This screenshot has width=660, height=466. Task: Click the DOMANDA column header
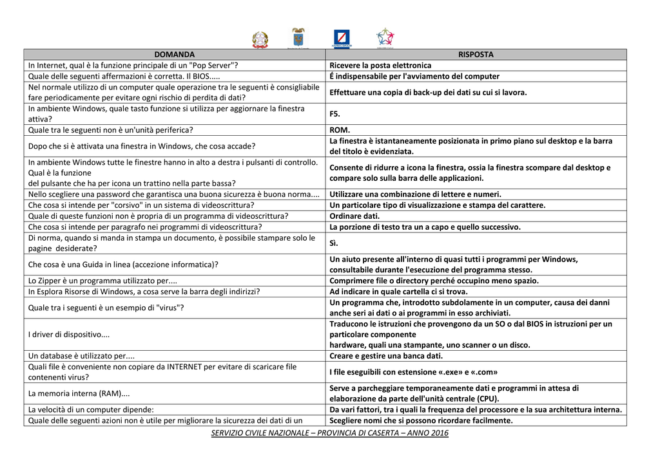(x=174, y=55)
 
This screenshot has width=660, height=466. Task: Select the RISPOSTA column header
(x=476, y=55)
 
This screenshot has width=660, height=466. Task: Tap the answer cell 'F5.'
(x=335, y=114)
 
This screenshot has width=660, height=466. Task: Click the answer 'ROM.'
(x=340, y=130)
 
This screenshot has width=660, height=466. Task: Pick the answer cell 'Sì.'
(x=334, y=243)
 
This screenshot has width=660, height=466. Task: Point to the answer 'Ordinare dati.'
(x=354, y=216)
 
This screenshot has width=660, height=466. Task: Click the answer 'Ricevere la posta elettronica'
(x=380, y=66)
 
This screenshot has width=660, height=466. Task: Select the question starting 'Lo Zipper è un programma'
(x=102, y=281)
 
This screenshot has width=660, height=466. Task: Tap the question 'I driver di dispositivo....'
(x=69, y=335)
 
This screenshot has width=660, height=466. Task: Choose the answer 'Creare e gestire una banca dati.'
(x=386, y=356)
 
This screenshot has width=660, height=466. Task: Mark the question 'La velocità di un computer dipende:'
(x=91, y=409)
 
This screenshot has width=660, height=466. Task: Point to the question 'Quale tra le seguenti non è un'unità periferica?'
(x=110, y=130)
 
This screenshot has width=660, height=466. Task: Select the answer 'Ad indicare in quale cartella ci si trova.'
(x=398, y=292)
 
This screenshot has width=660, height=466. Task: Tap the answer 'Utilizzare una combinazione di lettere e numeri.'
(x=415, y=194)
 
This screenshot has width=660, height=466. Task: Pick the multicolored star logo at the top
(x=385, y=37)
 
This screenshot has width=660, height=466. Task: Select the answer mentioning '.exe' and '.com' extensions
(x=413, y=372)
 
